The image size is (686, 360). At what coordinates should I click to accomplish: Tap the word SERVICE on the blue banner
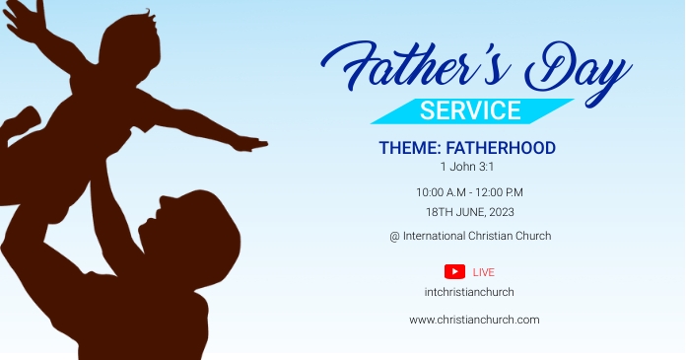[470, 110]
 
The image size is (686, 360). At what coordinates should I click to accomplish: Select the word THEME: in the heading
[409, 148]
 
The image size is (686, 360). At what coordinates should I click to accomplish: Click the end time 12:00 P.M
[503, 192]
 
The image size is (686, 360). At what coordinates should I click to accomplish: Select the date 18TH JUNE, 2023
[469, 212]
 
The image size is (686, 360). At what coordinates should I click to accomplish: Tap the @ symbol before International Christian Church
[394, 236]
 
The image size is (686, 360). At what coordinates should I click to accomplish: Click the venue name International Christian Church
[477, 236]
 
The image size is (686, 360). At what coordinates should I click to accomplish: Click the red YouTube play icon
[454, 272]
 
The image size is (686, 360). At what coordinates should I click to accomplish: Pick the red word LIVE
[484, 272]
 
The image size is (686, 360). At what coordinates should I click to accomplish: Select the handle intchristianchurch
[469, 292]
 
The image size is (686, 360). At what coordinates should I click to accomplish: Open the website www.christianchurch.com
[474, 320]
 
